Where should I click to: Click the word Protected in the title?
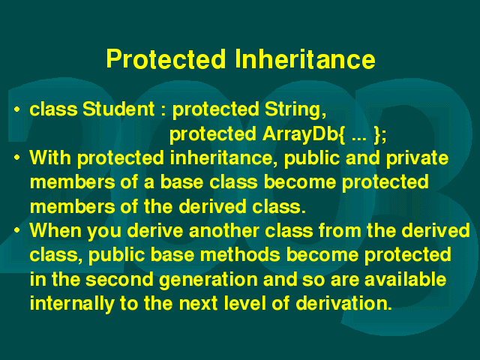(166, 58)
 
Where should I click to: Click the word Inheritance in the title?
(305, 58)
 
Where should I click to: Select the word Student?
(118, 109)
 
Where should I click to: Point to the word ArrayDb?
(300, 135)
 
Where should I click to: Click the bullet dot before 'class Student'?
(17, 109)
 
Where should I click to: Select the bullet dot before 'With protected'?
(17, 158)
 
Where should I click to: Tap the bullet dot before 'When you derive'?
(17, 230)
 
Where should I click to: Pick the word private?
(417, 158)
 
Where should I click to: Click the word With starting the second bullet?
(50, 157)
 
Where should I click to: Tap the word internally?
(72, 304)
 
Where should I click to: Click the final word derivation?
(343, 303)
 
